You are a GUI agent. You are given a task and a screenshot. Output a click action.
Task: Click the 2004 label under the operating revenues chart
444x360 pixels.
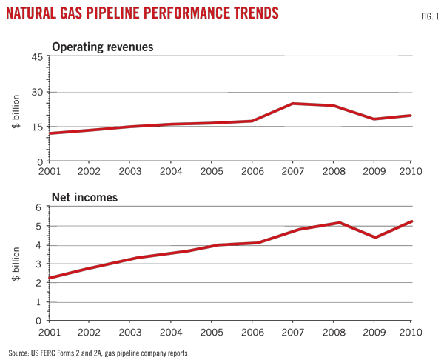point(171,170)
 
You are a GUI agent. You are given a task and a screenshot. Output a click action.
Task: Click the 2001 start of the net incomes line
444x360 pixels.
point(50,279)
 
